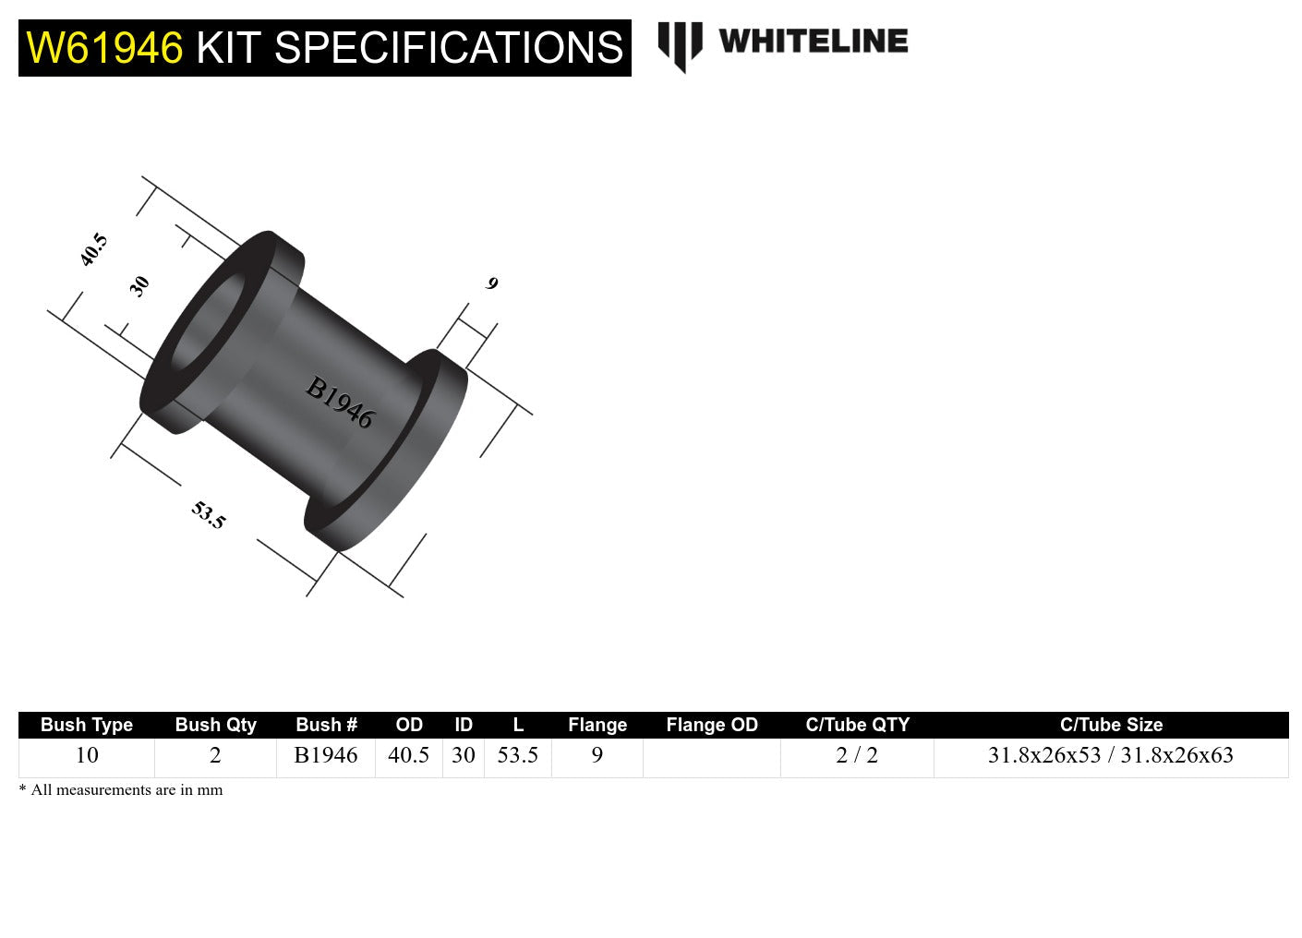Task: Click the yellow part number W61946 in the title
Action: pos(104,48)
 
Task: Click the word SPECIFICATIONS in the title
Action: pos(449,48)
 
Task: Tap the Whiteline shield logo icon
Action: pos(680,45)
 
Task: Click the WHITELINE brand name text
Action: pos(813,42)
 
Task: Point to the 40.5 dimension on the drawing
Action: pos(93,250)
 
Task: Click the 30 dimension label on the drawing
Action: pos(139,286)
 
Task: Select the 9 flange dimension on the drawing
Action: pos(492,283)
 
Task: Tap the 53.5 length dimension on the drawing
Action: pos(209,515)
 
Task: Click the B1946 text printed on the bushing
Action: pos(340,403)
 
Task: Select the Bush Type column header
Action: pos(87,725)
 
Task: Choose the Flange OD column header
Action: pos(711,725)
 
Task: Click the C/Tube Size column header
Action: pos(1111,725)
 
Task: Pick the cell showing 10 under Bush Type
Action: pos(87,755)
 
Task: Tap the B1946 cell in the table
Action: pos(326,755)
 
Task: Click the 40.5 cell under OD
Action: pos(408,755)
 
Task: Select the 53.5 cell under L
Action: pos(517,755)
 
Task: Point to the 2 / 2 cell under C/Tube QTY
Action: pos(857,755)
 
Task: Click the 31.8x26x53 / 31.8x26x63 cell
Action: pos(1111,755)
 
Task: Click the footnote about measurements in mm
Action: pos(121,790)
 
